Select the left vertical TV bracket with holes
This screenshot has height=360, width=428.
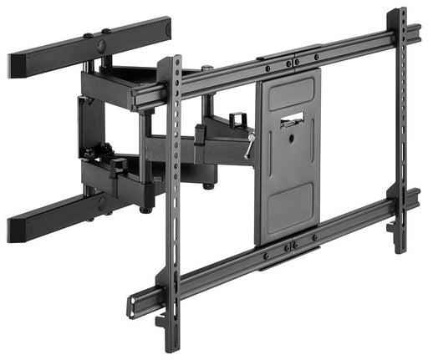tap(173, 192)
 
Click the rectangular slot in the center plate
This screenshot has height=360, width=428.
tap(292, 118)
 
